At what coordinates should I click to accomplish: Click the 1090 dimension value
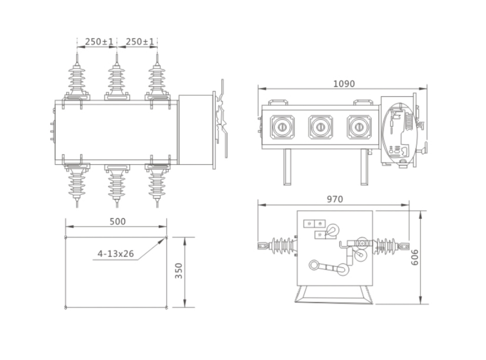point(344,84)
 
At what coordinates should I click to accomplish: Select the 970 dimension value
point(334,199)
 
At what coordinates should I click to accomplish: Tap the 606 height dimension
point(415,257)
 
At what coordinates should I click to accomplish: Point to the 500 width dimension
point(118,221)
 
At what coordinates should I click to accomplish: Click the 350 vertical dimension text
point(179,270)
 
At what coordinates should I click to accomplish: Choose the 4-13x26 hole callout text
point(116,254)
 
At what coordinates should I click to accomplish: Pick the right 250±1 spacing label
point(139,41)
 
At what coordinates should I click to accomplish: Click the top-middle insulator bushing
point(117,78)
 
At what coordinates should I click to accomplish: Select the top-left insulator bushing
point(77,78)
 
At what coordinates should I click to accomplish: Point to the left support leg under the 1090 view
point(287,167)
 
